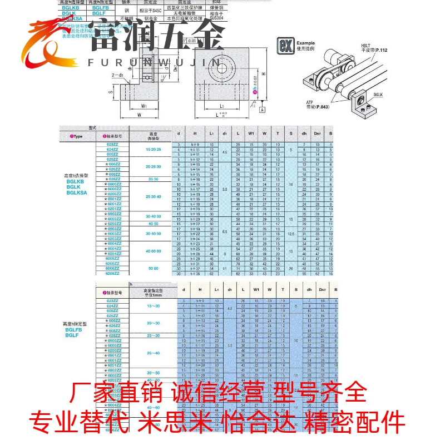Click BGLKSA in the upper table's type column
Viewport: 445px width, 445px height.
coord(77,192)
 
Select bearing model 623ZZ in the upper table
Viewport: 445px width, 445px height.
coord(112,144)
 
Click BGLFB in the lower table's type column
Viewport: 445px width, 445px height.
coord(74,329)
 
